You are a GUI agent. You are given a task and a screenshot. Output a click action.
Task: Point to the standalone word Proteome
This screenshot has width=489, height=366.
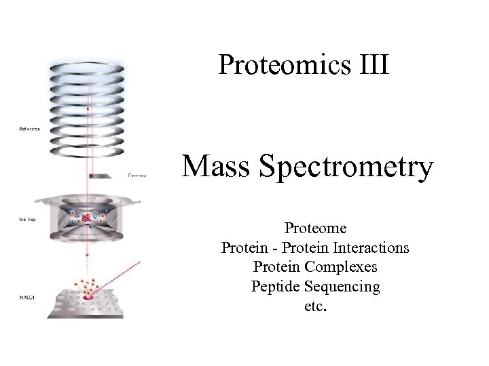point(315,228)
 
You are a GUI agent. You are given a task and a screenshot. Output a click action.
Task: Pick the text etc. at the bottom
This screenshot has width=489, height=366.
point(316,306)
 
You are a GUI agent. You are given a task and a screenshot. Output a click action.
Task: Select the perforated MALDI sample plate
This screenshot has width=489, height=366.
point(85,301)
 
